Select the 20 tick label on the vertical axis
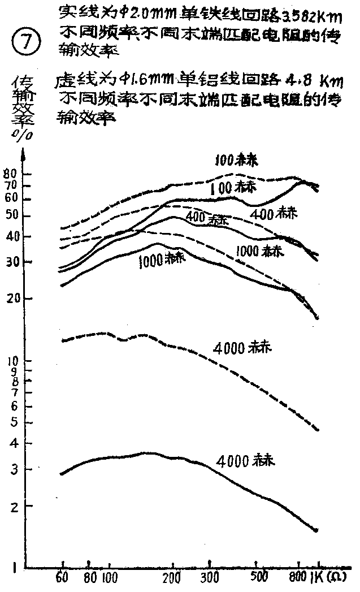click(12, 299)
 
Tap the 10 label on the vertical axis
click(12, 360)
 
